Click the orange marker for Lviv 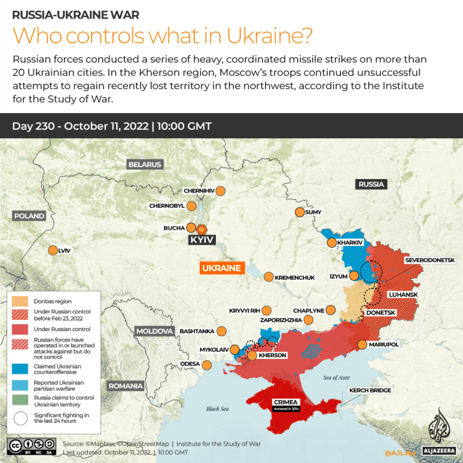53,251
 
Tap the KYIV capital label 201,240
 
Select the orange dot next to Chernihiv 221,191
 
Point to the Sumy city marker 299,212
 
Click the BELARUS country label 144,164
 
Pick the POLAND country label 29,216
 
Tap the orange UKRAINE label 222,268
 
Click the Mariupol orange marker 362,345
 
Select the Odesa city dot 207,364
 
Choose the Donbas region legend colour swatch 20,301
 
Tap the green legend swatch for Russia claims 20,400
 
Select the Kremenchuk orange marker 268,277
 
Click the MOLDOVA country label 155,331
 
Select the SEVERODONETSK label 430,260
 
